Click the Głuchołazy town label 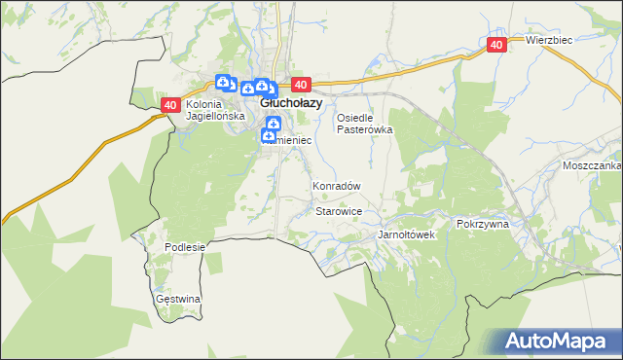[x=290, y=101]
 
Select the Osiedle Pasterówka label [x=364, y=124]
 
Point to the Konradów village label [x=337, y=186]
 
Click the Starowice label [x=340, y=211]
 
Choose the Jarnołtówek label [x=406, y=235]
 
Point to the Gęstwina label [x=178, y=299]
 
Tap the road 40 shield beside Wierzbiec [x=496, y=45]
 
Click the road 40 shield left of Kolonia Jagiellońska [x=170, y=105]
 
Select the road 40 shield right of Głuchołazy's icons [x=300, y=85]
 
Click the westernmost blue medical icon [x=223, y=82]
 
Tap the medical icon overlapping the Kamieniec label [x=268, y=137]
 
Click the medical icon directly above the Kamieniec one [x=274, y=124]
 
